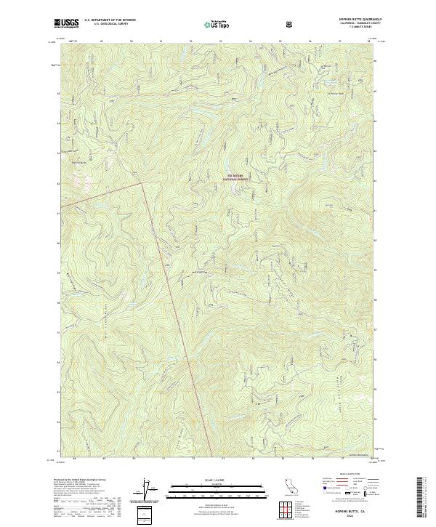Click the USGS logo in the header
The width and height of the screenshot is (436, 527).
(x=66, y=23)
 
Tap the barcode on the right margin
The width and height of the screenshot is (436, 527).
(x=422, y=497)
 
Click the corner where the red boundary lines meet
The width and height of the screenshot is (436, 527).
(x=140, y=183)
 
